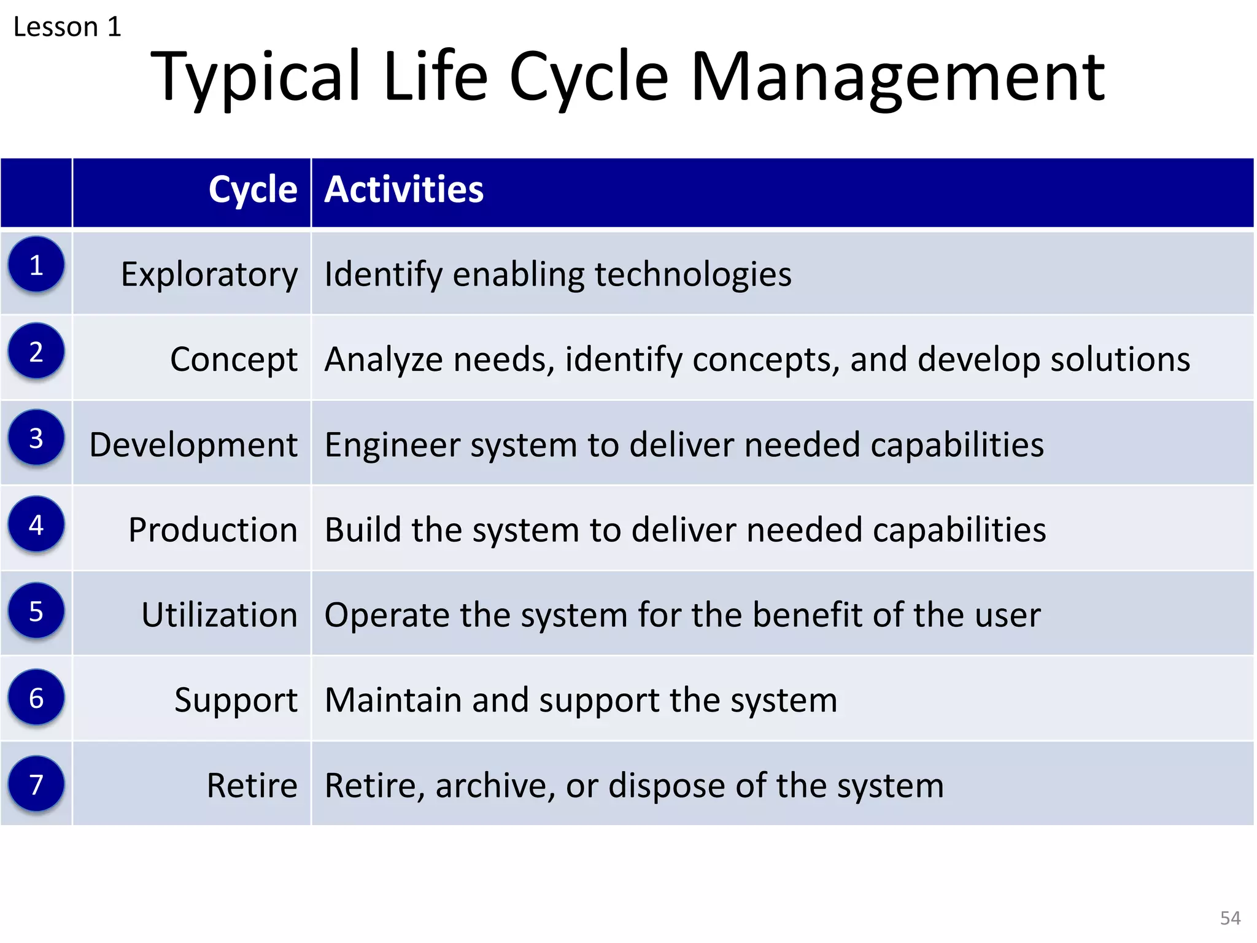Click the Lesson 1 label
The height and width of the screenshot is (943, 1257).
[67, 27]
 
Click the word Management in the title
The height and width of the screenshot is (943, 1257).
[897, 77]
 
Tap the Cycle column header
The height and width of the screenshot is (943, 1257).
[252, 189]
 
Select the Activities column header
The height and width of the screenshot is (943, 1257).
[404, 189]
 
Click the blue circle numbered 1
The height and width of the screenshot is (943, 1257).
[36, 265]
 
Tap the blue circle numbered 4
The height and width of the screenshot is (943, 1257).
[36, 525]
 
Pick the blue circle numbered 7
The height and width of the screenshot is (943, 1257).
[36, 785]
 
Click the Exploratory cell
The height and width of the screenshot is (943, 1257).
[209, 274]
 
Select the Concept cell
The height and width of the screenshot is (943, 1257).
[233, 359]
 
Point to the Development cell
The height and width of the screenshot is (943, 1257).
[193, 444]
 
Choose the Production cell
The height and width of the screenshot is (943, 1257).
[212, 530]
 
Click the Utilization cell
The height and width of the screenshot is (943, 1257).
[219, 615]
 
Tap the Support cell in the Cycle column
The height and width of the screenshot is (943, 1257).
[236, 700]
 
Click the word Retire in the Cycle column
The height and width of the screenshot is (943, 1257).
[252, 785]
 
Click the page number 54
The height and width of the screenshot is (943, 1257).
[1229, 918]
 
